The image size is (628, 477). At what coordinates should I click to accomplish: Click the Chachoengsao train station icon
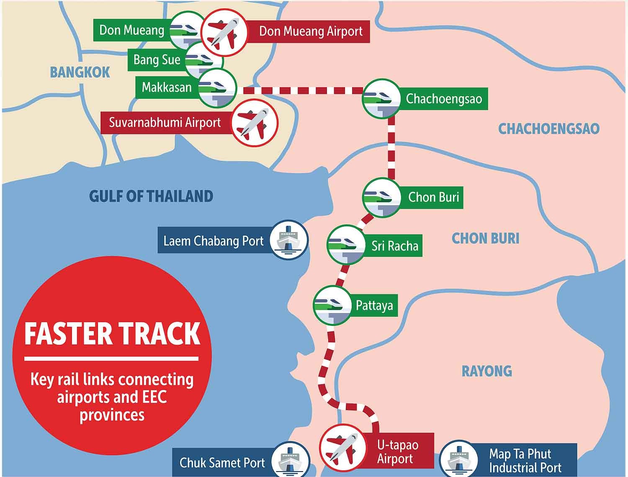coord(381,99)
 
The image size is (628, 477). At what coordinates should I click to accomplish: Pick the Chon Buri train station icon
coord(381,197)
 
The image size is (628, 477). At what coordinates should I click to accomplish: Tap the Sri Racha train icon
coord(346,245)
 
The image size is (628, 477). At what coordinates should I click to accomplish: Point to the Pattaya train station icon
coord(332,305)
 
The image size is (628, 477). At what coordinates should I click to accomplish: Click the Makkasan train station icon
coord(217,88)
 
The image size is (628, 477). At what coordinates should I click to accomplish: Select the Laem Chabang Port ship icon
coord(288,240)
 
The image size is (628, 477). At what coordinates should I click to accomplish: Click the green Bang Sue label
coord(156,60)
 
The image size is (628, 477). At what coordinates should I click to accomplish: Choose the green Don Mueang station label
coord(131,30)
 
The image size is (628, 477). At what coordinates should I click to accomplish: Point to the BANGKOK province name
coord(80,72)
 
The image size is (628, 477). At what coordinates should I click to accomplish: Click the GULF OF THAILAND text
coord(151,196)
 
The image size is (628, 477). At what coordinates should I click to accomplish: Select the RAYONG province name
coord(486,371)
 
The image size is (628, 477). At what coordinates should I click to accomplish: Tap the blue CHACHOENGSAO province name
coord(548,129)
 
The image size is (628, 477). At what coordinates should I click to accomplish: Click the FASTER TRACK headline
coord(112,333)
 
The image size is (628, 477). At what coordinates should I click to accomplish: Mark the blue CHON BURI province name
coord(485,238)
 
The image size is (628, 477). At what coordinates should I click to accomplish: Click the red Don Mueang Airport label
coord(310,31)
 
